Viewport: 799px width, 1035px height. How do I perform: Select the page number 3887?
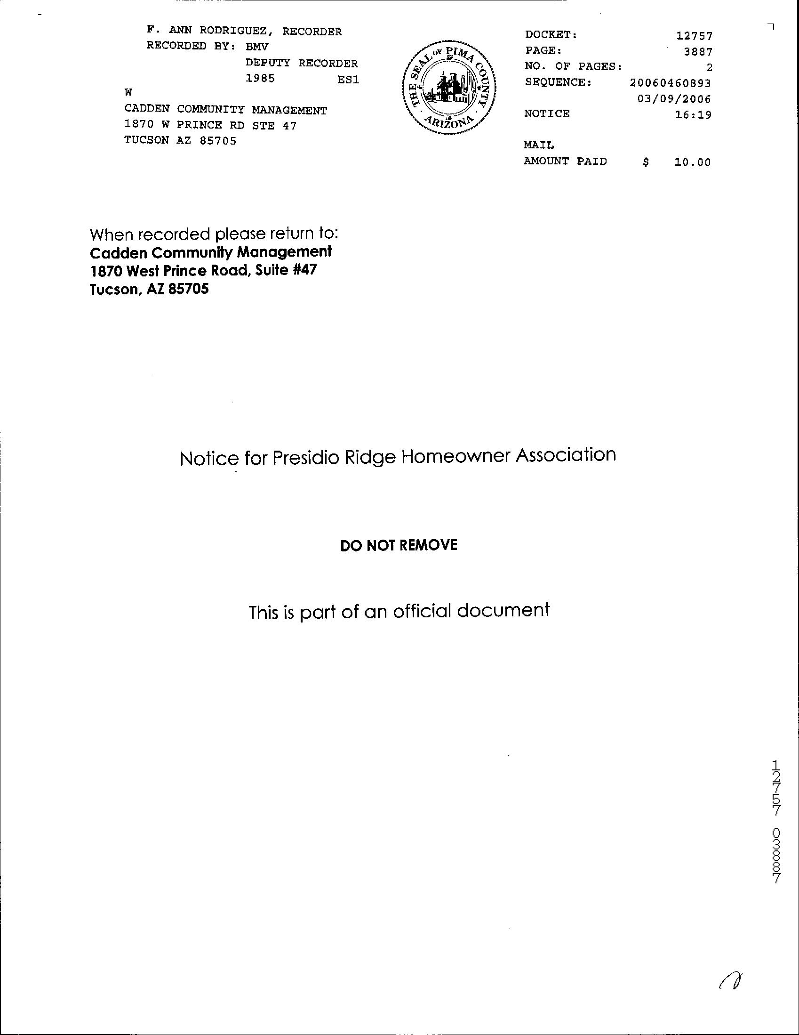[x=698, y=52]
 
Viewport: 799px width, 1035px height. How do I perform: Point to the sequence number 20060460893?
[x=670, y=83]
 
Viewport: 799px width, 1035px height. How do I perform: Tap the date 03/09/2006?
[x=674, y=99]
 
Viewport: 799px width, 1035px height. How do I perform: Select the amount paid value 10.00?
[x=693, y=162]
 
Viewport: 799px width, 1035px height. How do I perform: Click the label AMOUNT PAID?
[x=565, y=161]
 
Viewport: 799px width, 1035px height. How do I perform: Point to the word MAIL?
[x=538, y=145]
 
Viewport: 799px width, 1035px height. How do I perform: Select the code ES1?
[x=348, y=80]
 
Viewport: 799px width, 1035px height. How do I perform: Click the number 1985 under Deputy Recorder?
[x=260, y=79]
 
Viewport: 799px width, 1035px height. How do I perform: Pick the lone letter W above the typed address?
[x=128, y=92]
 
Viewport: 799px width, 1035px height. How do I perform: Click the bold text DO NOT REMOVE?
[x=399, y=545]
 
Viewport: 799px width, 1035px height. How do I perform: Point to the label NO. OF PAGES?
[x=573, y=67]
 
